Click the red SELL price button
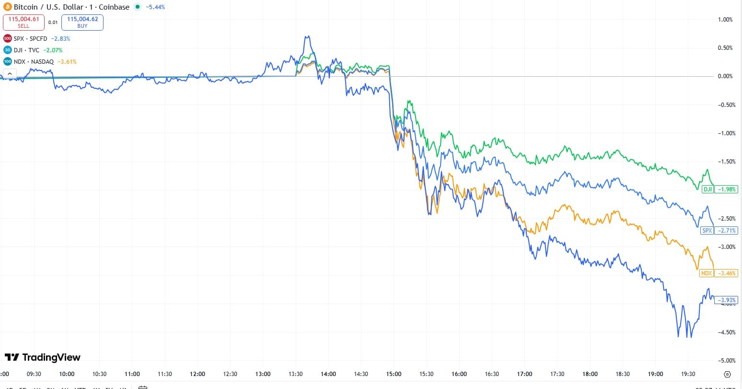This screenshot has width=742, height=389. pos(23,22)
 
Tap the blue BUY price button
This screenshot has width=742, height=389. pos(82,22)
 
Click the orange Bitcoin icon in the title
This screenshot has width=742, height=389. pos(7,7)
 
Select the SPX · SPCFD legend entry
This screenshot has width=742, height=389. pos(31,39)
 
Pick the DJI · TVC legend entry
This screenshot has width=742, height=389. pos(27,50)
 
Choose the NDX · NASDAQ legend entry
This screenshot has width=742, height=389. pos(34,62)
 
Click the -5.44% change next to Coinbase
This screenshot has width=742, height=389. pos(155,7)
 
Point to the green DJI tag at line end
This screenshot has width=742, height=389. pos(707,189)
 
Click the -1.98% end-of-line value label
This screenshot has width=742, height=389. pos(726,189)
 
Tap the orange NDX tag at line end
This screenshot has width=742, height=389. pos(707,273)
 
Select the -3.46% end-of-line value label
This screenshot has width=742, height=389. pos(726,273)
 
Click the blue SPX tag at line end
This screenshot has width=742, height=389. pos(707,231)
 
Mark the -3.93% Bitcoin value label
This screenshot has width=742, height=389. pos(726,300)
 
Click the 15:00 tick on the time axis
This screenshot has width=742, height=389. pos(394,374)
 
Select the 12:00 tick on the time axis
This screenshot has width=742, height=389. pos(197,374)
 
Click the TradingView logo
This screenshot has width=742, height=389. pos(43,357)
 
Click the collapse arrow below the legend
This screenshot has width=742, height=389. pos(10,74)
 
